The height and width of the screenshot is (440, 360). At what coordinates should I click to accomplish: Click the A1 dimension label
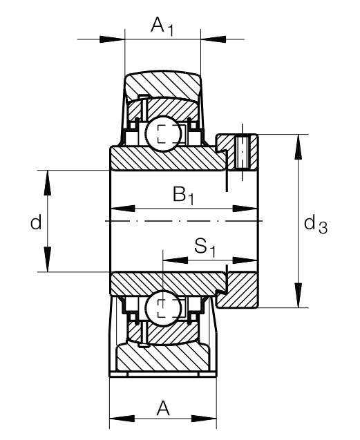click(162, 26)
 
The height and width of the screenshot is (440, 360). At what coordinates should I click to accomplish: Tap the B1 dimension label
click(183, 195)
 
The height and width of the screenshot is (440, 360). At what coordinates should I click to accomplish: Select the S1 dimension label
click(205, 248)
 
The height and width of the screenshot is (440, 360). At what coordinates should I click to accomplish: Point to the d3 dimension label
click(316, 225)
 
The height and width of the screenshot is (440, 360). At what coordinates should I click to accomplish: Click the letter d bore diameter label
click(36, 222)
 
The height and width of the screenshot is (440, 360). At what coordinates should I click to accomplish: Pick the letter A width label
click(163, 409)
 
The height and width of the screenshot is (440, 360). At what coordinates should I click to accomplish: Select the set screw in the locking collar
click(242, 152)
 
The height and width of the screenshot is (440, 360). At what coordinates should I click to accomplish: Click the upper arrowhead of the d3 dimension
click(299, 147)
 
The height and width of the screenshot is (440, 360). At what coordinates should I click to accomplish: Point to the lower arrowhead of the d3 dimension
click(299, 295)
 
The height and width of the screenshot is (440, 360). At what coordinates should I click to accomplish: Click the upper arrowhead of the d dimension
click(48, 182)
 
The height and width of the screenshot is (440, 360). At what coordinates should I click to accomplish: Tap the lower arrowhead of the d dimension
click(48, 259)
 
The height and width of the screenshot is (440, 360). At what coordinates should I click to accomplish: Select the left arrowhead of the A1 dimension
click(112, 39)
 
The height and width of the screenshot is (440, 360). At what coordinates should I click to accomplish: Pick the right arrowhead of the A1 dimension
click(214, 39)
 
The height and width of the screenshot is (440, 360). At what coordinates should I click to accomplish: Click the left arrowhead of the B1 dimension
click(124, 209)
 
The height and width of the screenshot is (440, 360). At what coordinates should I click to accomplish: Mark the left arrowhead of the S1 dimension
click(176, 260)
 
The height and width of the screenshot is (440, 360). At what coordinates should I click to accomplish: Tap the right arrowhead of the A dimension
click(204, 419)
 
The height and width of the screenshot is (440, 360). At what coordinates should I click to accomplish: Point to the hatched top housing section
click(163, 84)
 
